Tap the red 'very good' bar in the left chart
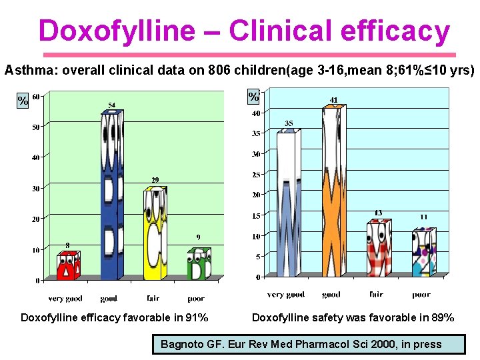pyautogui.click(x=67, y=266)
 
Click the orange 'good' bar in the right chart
pyautogui.click(x=333, y=193)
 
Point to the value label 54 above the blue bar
pyautogui.click(x=112, y=105)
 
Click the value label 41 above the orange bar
pyautogui.click(x=334, y=100)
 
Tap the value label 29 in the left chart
pyautogui.click(x=154, y=181)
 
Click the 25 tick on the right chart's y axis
pyautogui.click(x=255, y=175)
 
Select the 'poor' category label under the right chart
pyautogui.click(x=421, y=294)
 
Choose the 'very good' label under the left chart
pyautogui.click(x=65, y=298)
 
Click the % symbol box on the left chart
pyautogui.click(x=23, y=101)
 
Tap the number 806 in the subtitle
pyautogui.click(x=219, y=69)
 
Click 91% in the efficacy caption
pyautogui.click(x=195, y=317)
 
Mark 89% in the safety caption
pyautogui.click(x=441, y=317)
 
